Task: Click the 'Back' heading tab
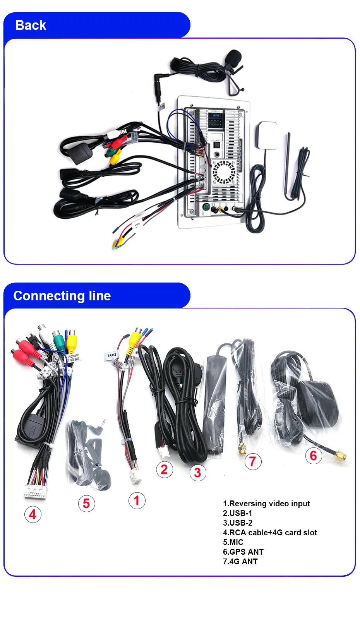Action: [x=31, y=26]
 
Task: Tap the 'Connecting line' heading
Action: [x=62, y=296]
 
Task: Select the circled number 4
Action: [x=33, y=514]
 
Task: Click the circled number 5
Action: [x=86, y=504]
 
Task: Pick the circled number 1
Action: [x=137, y=500]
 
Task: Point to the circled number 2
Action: [x=164, y=469]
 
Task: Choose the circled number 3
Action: [x=197, y=473]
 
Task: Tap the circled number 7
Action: [x=253, y=461]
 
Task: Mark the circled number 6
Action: [x=314, y=456]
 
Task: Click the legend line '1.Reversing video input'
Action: [x=266, y=504]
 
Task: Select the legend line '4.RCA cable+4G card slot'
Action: [x=270, y=533]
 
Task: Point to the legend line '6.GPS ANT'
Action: [x=243, y=552]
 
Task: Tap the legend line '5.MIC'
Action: [x=233, y=542]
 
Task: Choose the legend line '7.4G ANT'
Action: [x=240, y=562]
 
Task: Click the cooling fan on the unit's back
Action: [x=224, y=172]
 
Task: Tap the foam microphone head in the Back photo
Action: [x=234, y=57]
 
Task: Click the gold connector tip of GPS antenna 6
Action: [x=341, y=456]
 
